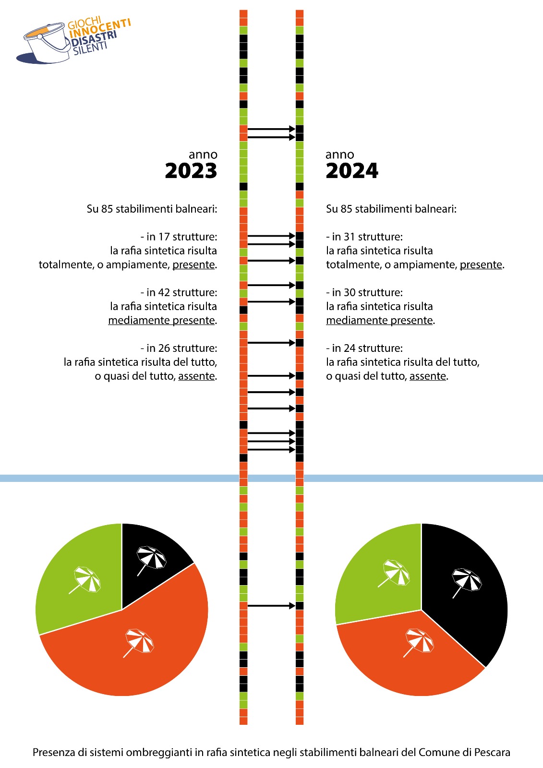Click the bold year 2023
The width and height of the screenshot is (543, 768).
point(191,171)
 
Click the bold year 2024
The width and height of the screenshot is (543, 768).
point(352,171)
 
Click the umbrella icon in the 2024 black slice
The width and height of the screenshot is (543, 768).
point(467,583)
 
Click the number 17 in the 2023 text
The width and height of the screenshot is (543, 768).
point(164,237)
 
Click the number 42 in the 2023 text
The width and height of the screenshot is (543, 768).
point(164,292)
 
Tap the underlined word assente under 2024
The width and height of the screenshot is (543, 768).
point(428,376)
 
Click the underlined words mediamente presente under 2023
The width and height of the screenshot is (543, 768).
point(162,320)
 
